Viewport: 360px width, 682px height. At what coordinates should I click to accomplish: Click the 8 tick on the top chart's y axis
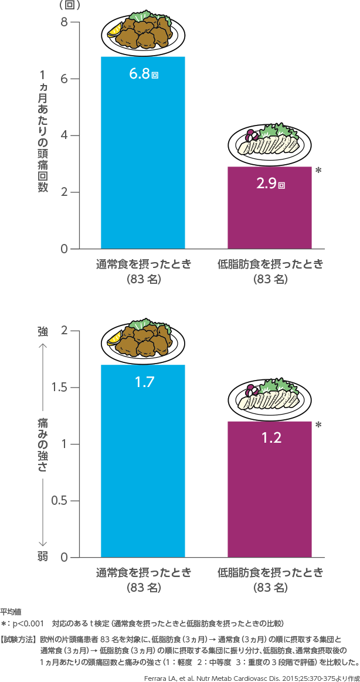64,22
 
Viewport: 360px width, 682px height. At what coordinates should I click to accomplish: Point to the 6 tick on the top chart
64,79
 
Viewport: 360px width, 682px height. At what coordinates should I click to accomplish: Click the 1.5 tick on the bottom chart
59,388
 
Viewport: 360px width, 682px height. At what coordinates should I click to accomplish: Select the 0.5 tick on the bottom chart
59,501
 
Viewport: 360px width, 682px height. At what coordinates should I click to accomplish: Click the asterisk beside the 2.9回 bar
318,171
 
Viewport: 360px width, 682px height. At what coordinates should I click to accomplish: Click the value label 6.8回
144,74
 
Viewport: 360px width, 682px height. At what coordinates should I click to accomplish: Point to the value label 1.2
270,437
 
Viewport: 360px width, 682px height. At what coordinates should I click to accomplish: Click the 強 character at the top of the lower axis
43,331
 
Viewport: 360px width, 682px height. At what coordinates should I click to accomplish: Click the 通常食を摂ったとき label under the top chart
144,264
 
